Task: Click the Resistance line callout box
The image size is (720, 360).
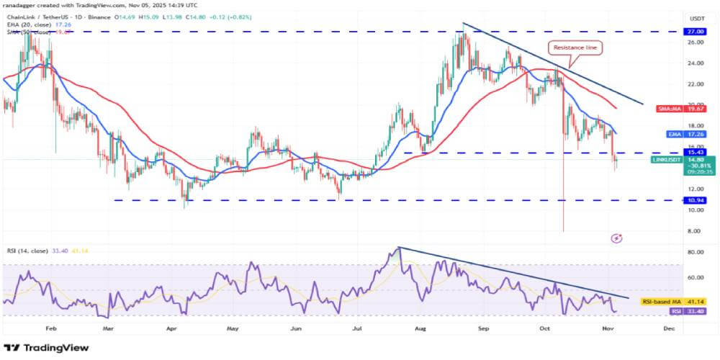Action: click(574, 48)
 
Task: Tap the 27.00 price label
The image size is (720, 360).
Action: click(696, 32)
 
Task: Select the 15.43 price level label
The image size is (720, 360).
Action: click(696, 153)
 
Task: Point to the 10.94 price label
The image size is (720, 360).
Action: click(696, 200)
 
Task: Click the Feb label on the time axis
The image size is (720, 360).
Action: click(50, 327)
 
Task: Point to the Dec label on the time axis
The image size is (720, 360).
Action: click(669, 327)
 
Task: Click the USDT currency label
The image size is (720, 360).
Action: click(696, 17)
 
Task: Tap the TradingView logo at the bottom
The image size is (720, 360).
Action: click(46, 348)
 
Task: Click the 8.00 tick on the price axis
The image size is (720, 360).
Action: click(696, 231)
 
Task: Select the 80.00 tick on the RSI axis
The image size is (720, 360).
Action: click(696, 253)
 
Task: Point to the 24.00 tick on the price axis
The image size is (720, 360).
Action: click(696, 63)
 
